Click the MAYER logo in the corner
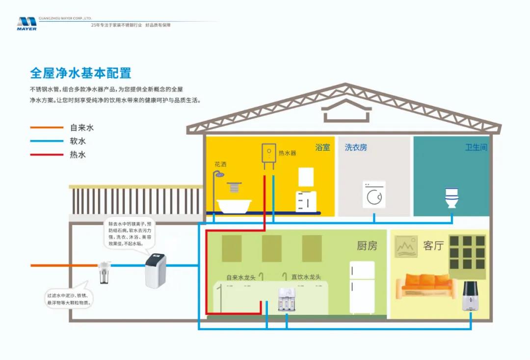(26, 24)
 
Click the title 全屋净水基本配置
(80, 73)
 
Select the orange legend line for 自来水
(47, 128)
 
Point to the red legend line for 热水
(47, 155)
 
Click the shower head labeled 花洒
(221, 174)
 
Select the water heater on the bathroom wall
(268, 153)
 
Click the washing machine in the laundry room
(374, 194)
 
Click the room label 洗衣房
(356, 147)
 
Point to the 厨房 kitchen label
(367, 246)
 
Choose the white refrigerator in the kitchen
(362, 287)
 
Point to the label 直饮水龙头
(306, 277)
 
